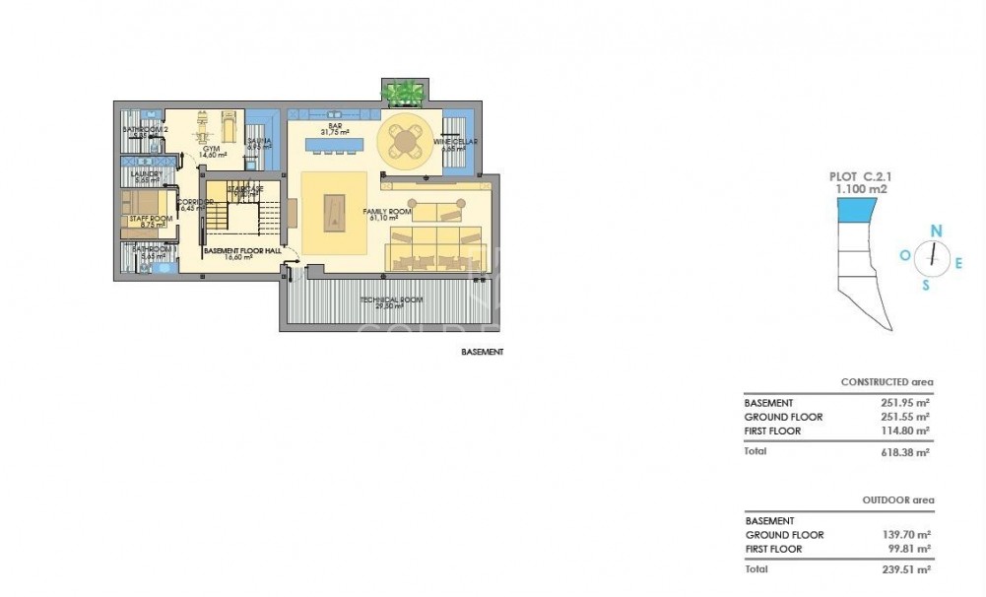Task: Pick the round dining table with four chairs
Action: point(405,140)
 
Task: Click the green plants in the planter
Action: point(403,95)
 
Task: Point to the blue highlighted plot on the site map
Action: point(855,209)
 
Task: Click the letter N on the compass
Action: point(937,231)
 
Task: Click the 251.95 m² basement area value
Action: point(906,403)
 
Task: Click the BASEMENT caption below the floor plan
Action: point(482,352)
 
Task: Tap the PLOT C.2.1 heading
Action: point(856,176)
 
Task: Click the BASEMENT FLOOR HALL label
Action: point(242,252)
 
